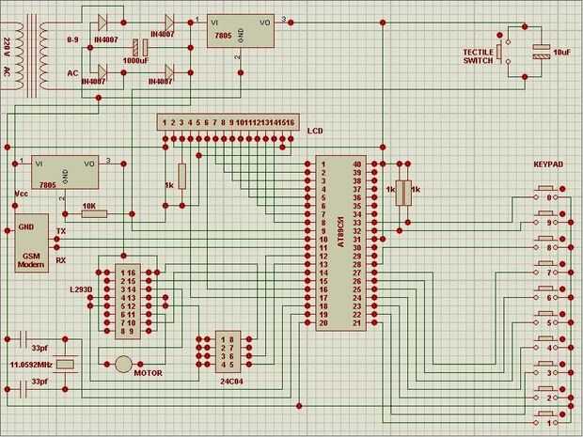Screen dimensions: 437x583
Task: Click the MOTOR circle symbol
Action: pos(124,364)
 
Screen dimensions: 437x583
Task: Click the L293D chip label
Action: pos(82,289)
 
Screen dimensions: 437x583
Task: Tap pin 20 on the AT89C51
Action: pos(323,323)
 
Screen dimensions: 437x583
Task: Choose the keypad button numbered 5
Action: pos(549,322)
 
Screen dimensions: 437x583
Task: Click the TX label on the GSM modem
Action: pos(61,231)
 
